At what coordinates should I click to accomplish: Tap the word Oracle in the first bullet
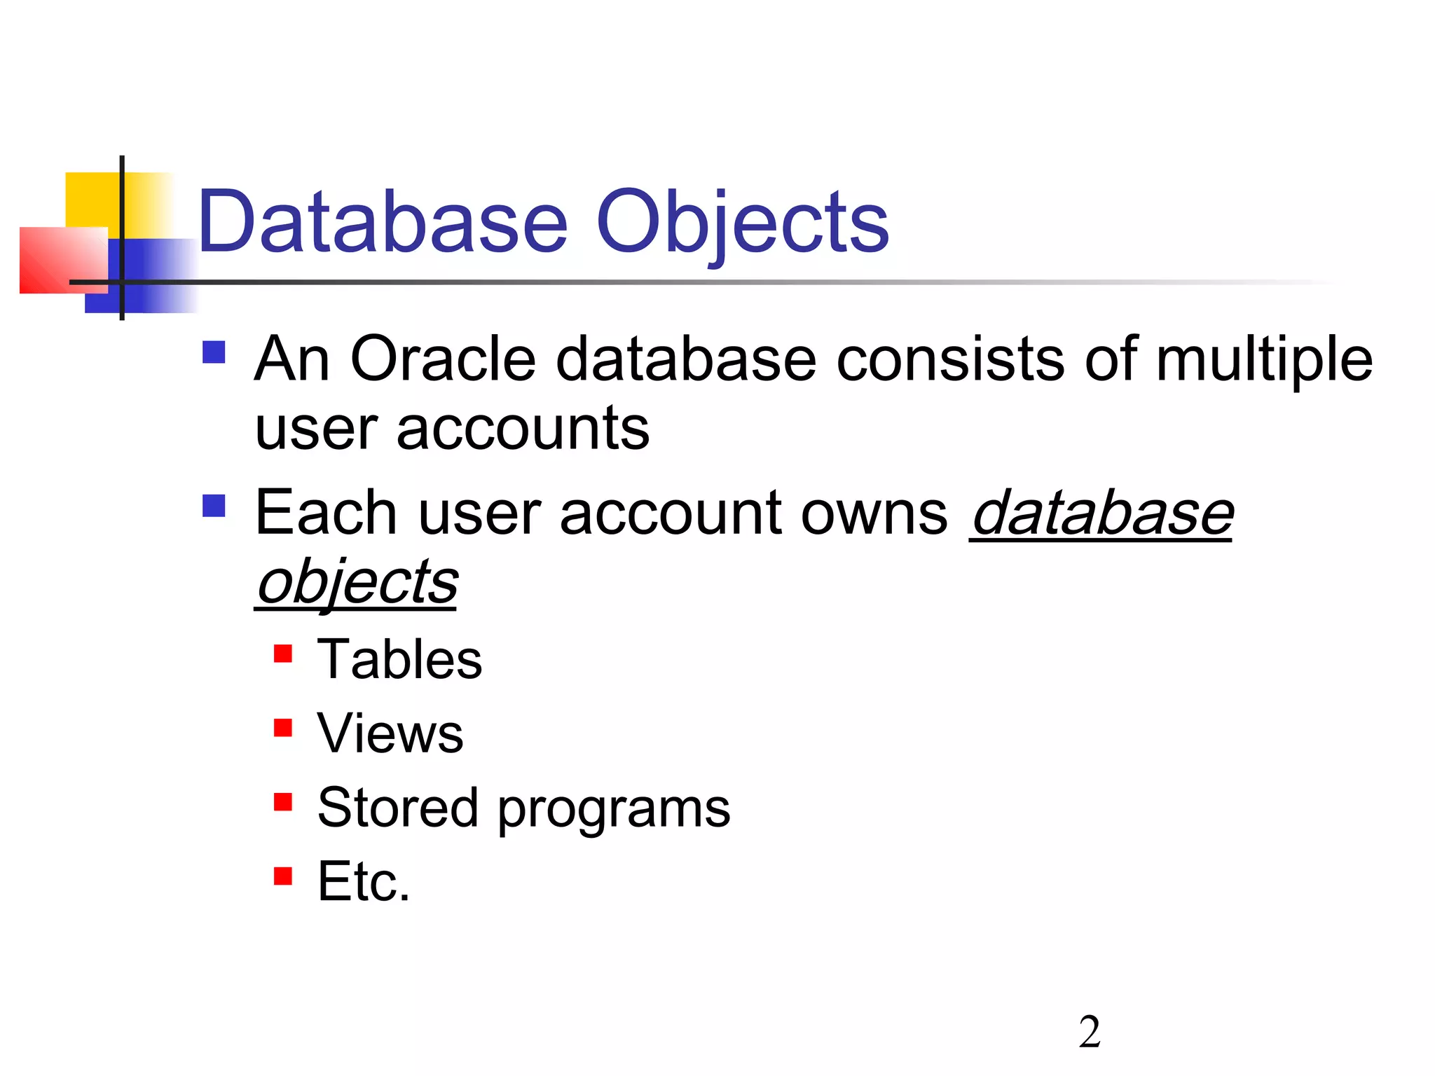click(x=443, y=359)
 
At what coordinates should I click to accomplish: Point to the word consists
click(x=950, y=359)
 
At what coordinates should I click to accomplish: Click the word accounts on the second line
click(x=523, y=429)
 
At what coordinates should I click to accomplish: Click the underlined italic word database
click(x=1101, y=513)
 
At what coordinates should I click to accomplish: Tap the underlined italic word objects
click(x=357, y=583)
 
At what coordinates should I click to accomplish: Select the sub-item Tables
click(x=399, y=660)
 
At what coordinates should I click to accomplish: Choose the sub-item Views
click(x=390, y=733)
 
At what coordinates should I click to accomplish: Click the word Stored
click(x=397, y=807)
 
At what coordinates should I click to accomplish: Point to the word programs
click(x=614, y=810)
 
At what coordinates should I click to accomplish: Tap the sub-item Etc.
click(x=363, y=881)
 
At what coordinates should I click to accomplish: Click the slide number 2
click(x=1090, y=1032)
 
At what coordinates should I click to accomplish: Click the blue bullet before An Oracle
click(x=214, y=352)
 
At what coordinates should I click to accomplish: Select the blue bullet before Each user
click(x=214, y=506)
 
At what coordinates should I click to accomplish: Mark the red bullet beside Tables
click(x=283, y=654)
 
